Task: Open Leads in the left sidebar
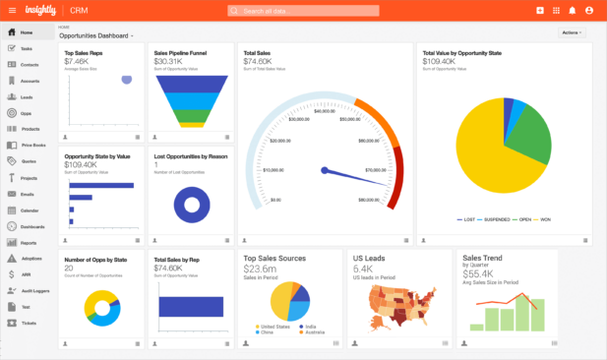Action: click(27, 97)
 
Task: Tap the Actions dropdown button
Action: click(572, 32)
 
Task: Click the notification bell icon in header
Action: click(573, 11)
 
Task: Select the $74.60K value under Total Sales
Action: click(257, 61)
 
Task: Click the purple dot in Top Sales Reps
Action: click(126, 80)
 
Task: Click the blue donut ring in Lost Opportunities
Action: click(191, 204)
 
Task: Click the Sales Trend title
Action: click(482, 258)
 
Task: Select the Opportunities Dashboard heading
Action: click(95, 35)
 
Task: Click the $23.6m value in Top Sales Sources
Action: click(260, 269)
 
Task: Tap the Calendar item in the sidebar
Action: click(30, 210)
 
